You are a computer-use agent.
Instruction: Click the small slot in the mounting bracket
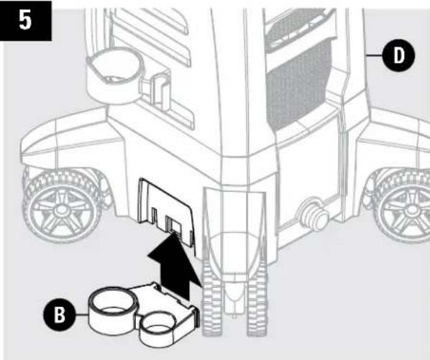(172, 227)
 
